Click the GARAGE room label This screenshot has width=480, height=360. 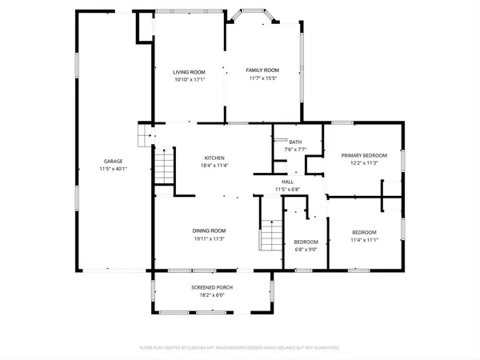point(112,161)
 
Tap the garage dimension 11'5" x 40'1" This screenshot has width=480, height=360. point(112,169)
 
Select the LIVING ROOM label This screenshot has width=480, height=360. point(190,72)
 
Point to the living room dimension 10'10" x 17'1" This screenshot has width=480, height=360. point(190,80)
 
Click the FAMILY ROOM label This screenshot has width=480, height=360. point(262,70)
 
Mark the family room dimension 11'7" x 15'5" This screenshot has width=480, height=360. point(262,78)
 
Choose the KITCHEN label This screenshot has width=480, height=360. point(214,158)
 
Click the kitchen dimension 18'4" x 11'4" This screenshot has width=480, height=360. point(214,166)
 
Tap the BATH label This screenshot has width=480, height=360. point(295,142)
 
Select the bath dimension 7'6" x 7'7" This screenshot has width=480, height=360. point(295,150)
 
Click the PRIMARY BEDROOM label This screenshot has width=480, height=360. point(364,154)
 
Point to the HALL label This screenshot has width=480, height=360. point(287,182)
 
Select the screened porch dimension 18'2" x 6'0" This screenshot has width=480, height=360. point(212,294)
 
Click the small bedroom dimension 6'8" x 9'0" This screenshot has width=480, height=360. point(306,250)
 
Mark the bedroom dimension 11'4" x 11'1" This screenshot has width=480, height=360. point(364,240)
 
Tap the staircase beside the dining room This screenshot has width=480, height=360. point(273,236)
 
